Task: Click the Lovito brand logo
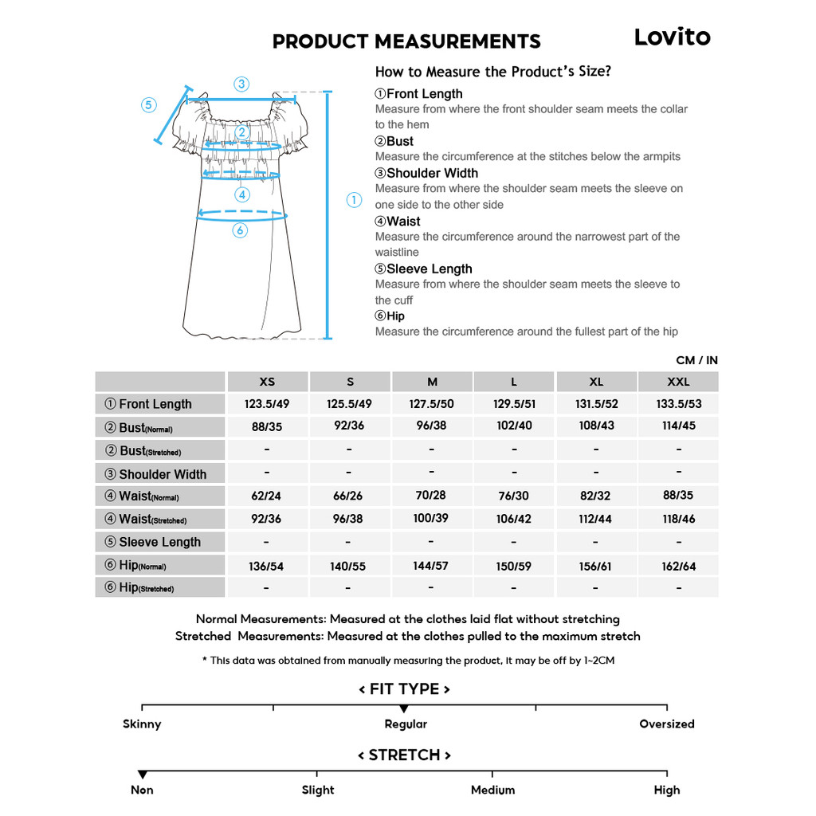coord(672,37)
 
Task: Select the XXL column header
coord(678,382)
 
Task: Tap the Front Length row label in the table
coord(155,404)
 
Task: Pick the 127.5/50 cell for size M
coord(431,404)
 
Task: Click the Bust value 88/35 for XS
coord(267,426)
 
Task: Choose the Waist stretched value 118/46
coord(678,519)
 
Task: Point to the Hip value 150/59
coord(514,566)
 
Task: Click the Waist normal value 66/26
coord(349,496)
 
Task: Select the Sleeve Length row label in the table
coord(159,542)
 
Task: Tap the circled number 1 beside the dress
coord(355,201)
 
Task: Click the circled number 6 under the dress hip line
coord(240,230)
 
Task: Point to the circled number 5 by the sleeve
coord(149,105)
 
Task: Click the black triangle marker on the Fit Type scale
coord(404,708)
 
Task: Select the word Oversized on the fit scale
coord(666,724)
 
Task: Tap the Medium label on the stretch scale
coord(492,790)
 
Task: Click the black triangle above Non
coord(143,775)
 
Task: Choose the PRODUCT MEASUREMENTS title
coord(406,41)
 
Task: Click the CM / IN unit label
coord(696,360)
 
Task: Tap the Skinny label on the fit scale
coord(142,724)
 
